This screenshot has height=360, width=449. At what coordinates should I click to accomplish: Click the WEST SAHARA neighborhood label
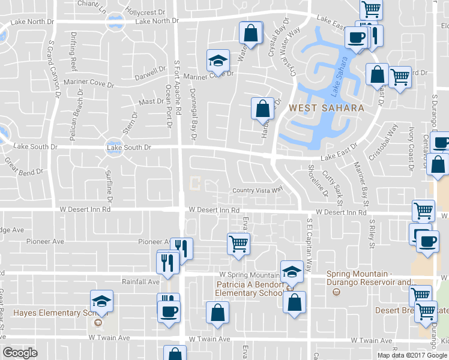pos(326,108)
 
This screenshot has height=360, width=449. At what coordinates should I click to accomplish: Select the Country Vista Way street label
pos(258,190)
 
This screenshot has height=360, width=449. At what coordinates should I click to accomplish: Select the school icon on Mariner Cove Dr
pos(217,60)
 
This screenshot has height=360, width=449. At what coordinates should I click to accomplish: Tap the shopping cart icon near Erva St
pos(238,244)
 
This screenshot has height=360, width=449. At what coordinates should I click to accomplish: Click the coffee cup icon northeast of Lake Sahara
pos(357,37)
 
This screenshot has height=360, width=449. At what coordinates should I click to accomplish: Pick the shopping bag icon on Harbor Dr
pos(262,109)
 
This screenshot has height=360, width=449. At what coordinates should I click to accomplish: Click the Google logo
pos(20,353)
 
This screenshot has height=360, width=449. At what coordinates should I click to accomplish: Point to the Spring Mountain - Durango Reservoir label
pos(371,278)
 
